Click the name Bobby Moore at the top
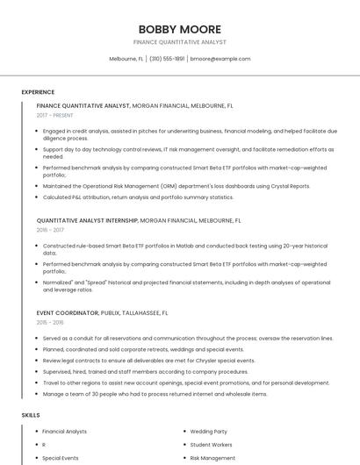click(x=180, y=29)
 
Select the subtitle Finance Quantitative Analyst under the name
click(x=180, y=42)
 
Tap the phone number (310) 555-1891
click(x=167, y=59)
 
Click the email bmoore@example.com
click(x=220, y=59)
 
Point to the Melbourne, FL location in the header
click(x=126, y=59)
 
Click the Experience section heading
click(x=38, y=92)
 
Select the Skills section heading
click(x=31, y=414)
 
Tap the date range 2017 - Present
click(x=55, y=115)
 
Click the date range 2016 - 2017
click(x=50, y=230)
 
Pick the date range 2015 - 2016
click(x=50, y=322)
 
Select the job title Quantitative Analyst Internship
click(x=87, y=220)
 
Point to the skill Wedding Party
click(x=208, y=432)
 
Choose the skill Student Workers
click(x=211, y=445)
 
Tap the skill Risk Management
click(x=212, y=458)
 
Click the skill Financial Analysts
click(x=64, y=432)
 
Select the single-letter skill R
click(x=44, y=445)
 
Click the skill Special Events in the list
click(x=60, y=458)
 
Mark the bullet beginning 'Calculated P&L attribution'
click(x=138, y=197)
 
